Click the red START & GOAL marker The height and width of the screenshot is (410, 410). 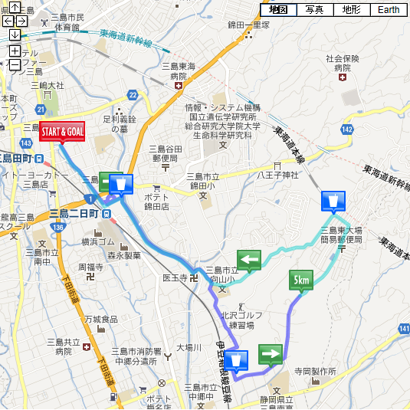tap(62, 131)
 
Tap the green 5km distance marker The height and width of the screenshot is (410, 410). tap(300, 281)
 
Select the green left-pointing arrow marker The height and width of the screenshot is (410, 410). tap(249, 261)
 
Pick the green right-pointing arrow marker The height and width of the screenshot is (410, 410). tap(271, 354)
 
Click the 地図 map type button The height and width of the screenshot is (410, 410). tap(278, 10)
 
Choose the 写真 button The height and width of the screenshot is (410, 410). tap(314, 10)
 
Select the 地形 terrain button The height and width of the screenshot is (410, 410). tap(351, 10)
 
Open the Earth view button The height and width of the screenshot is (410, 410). tap(388, 10)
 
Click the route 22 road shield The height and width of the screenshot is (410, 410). tap(133, 94)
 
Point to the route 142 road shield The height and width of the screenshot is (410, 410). tap(347, 130)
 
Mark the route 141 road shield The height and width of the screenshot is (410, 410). tap(404, 328)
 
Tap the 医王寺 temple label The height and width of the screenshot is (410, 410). tap(175, 277)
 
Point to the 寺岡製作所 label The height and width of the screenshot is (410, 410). tap(315, 371)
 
